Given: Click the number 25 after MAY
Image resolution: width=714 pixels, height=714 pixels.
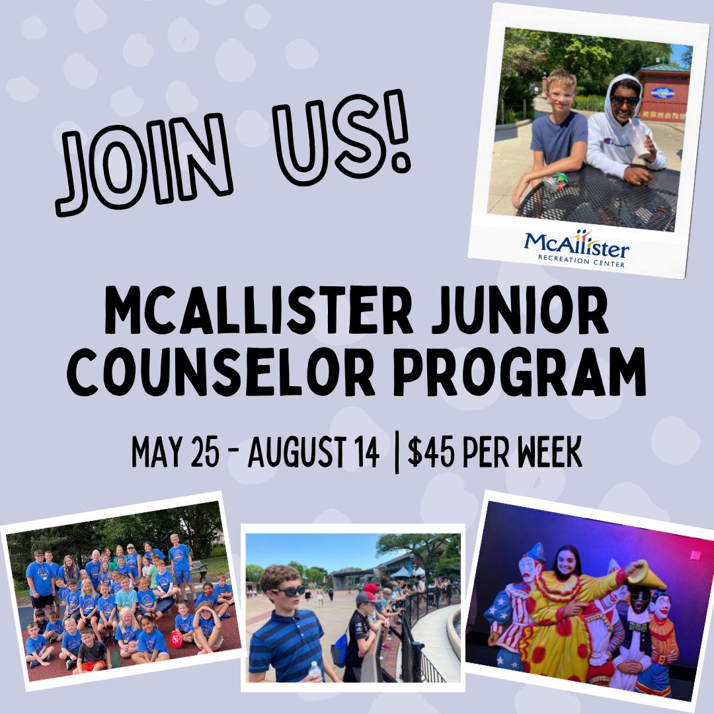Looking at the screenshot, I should pyautogui.click(x=210, y=454).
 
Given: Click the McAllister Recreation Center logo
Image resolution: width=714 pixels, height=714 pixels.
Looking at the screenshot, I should pyautogui.click(x=577, y=248).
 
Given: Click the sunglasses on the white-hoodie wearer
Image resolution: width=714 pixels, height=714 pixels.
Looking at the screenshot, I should pyautogui.click(x=624, y=100).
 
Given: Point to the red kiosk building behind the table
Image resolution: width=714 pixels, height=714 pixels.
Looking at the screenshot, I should pyautogui.click(x=664, y=93).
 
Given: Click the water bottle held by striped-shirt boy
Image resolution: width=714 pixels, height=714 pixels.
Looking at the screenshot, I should pyautogui.click(x=315, y=670).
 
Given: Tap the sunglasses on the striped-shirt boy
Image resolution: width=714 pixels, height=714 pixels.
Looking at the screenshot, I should pyautogui.click(x=288, y=590).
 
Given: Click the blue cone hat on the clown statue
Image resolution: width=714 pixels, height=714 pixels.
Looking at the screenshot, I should pyautogui.click(x=536, y=552).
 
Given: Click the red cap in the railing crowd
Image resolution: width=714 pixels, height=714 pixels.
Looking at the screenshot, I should pyautogui.click(x=372, y=588).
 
